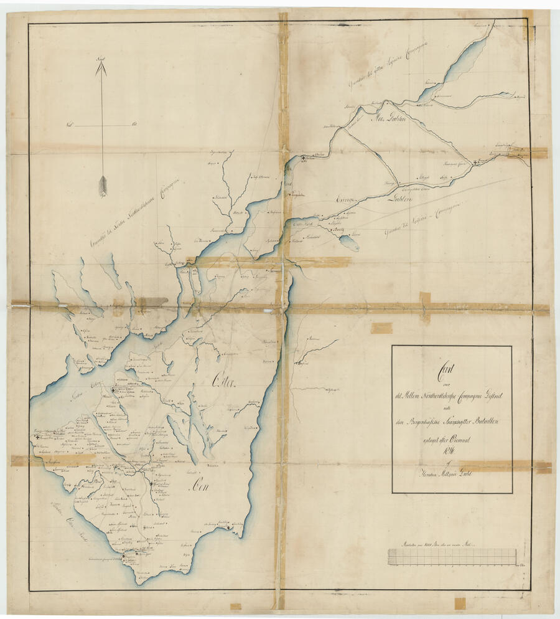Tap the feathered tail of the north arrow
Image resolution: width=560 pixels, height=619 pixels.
103,186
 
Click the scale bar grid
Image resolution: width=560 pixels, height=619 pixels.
452,556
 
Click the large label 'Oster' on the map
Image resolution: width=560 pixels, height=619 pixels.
226,379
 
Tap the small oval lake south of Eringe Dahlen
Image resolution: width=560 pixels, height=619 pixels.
350,243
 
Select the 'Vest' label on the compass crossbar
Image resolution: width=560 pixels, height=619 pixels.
70,125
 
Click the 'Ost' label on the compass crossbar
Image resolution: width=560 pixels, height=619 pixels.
134,125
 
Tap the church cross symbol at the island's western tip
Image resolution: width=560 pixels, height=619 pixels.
39,438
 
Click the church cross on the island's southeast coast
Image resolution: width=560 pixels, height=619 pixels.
229,528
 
